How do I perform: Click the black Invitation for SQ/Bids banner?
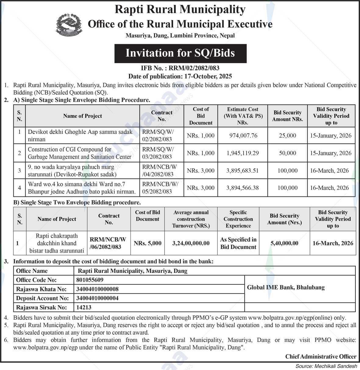tap(180, 53)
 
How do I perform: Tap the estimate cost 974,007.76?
tap(243, 135)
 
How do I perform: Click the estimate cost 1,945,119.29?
tap(243, 153)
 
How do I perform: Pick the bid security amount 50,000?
tap(287, 153)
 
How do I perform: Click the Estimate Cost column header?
tap(243, 116)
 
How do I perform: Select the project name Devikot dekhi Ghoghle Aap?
tap(80, 135)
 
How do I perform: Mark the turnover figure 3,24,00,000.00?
tap(191, 243)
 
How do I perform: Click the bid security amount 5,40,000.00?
tap(284, 243)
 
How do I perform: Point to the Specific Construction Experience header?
tap(238, 219)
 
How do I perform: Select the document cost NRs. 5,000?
tap(148, 243)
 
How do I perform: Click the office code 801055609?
tap(90, 280)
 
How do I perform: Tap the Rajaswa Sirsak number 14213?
tap(84, 307)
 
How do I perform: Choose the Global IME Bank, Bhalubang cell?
tap(286, 287)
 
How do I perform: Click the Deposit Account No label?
tap(42, 298)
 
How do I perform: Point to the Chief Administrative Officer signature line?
tap(321, 356)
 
